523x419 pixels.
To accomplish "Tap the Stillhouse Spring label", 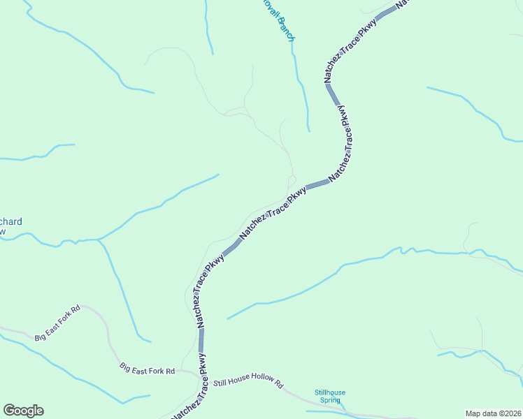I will tap(330, 396).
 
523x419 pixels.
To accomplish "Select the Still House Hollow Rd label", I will tap(248, 383).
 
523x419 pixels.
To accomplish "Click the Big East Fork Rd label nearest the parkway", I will tap(147, 368).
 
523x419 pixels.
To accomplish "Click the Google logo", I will tap(23, 411).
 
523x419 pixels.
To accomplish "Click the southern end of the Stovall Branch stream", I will tap(308, 130).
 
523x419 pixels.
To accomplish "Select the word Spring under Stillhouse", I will tap(330, 400).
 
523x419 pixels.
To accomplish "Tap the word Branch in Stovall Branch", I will tap(285, 28).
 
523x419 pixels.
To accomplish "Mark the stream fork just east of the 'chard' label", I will tap(99, 240).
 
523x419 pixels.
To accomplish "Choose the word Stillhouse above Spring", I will tap(330, 392).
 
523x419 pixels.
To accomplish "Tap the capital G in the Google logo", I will tap(9, 411).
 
